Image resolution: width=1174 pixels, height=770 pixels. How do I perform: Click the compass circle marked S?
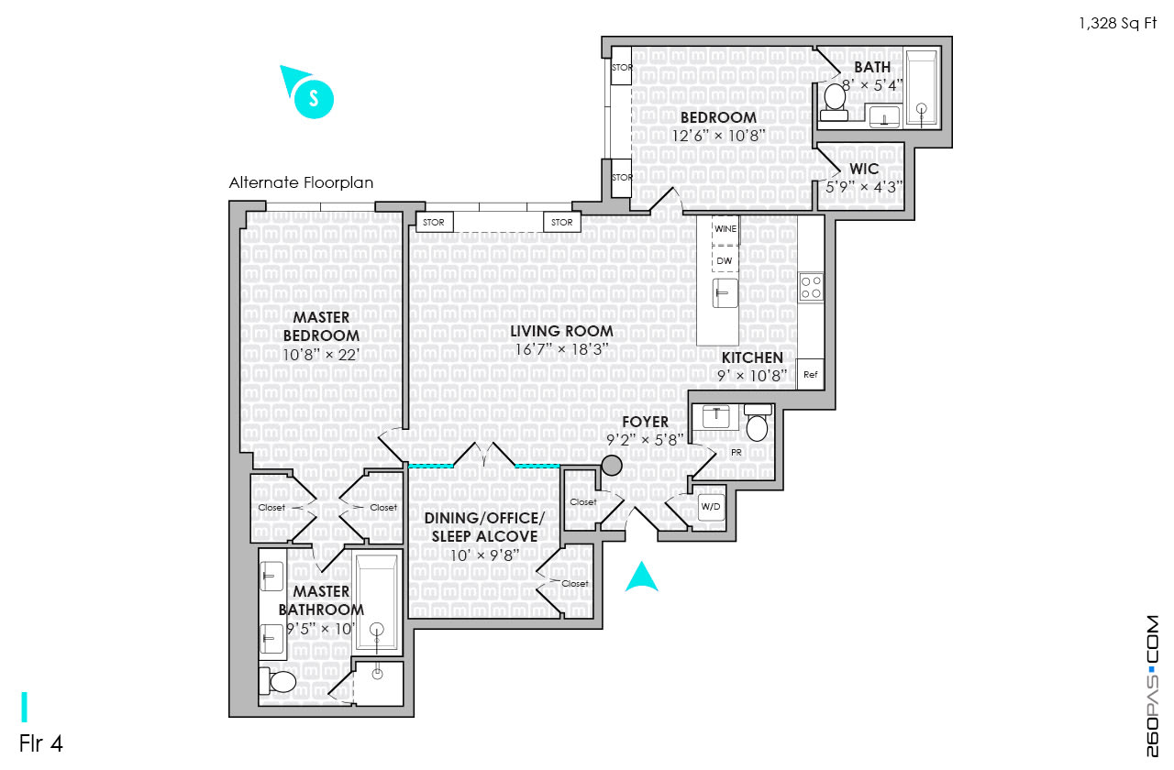click(314, 98)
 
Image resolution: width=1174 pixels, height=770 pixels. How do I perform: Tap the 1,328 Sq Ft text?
click(1118, 23)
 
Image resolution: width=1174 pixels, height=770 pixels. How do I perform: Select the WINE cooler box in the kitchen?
click(725, 230)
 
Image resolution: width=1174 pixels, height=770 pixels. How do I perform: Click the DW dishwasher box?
click(725, 259)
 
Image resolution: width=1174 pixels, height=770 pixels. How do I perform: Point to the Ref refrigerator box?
click(810, 374)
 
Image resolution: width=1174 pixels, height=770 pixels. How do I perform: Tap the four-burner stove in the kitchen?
click(811, 287)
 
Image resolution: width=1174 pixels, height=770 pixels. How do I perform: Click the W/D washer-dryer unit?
click(711, 507)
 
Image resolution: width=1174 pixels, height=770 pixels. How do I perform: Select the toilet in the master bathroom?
click(278, 681)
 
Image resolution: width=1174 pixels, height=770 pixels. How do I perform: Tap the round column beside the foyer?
click(612, 465)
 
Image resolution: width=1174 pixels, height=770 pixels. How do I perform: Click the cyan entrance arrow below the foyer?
click(641, 577)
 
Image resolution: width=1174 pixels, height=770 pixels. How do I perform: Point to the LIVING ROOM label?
click(561, 331)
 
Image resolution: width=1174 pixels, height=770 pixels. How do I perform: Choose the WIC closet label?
click(864, 169)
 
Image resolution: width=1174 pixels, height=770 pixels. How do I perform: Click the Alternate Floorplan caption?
click(302, 182)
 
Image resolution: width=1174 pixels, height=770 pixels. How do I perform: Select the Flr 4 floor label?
click(41, 743)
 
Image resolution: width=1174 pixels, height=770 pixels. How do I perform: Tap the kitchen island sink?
click(725, 292)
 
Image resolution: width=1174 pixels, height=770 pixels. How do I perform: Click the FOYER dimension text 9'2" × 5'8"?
click(645, 439)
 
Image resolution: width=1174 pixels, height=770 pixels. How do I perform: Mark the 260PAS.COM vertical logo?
click(1152, 686)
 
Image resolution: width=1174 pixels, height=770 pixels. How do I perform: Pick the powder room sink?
click(716, 417)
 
